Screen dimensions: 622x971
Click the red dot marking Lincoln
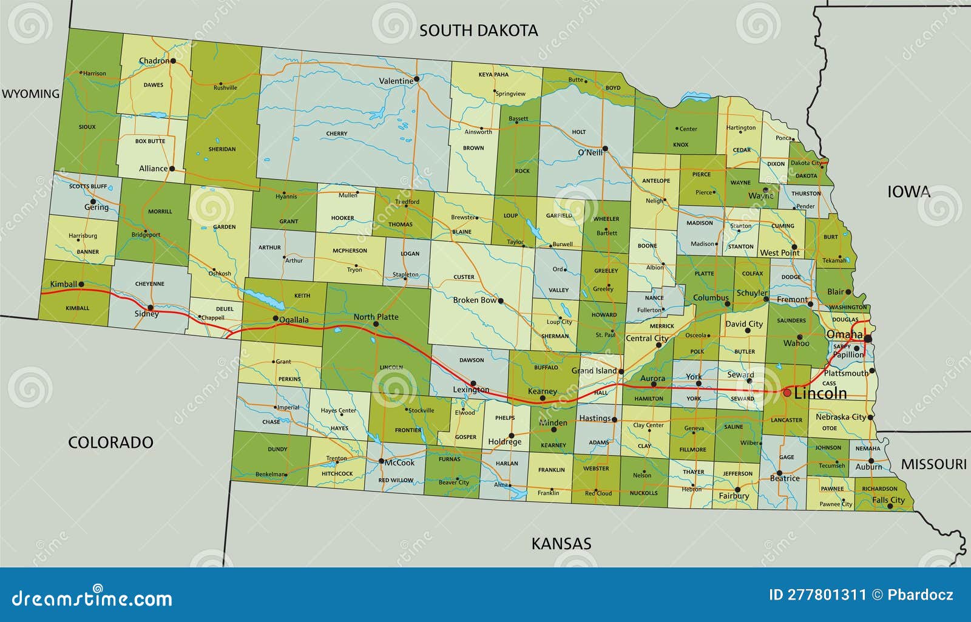point(787,393)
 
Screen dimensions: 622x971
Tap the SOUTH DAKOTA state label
point(478,30)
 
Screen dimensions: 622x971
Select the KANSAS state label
point(561,543)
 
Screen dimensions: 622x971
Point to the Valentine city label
point(396,81)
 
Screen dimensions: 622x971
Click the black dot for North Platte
point(376,324)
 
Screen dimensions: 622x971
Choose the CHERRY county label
point(337,134)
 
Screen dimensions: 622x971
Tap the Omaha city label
point(844,334)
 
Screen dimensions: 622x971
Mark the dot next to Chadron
point(173,61)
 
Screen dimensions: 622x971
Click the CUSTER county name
point(464,277)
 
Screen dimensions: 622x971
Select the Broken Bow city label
point(475,300)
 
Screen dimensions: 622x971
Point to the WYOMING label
point(30,93)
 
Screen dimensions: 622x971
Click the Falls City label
point(888,500)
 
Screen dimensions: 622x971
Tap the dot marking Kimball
point(81,284)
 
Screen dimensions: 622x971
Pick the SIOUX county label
point(87,127)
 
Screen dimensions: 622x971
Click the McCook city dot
point(381,462)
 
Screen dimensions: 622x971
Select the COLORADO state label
point(110,442)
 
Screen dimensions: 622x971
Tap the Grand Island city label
point(594,370)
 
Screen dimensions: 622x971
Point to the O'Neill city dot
point(605,149)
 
